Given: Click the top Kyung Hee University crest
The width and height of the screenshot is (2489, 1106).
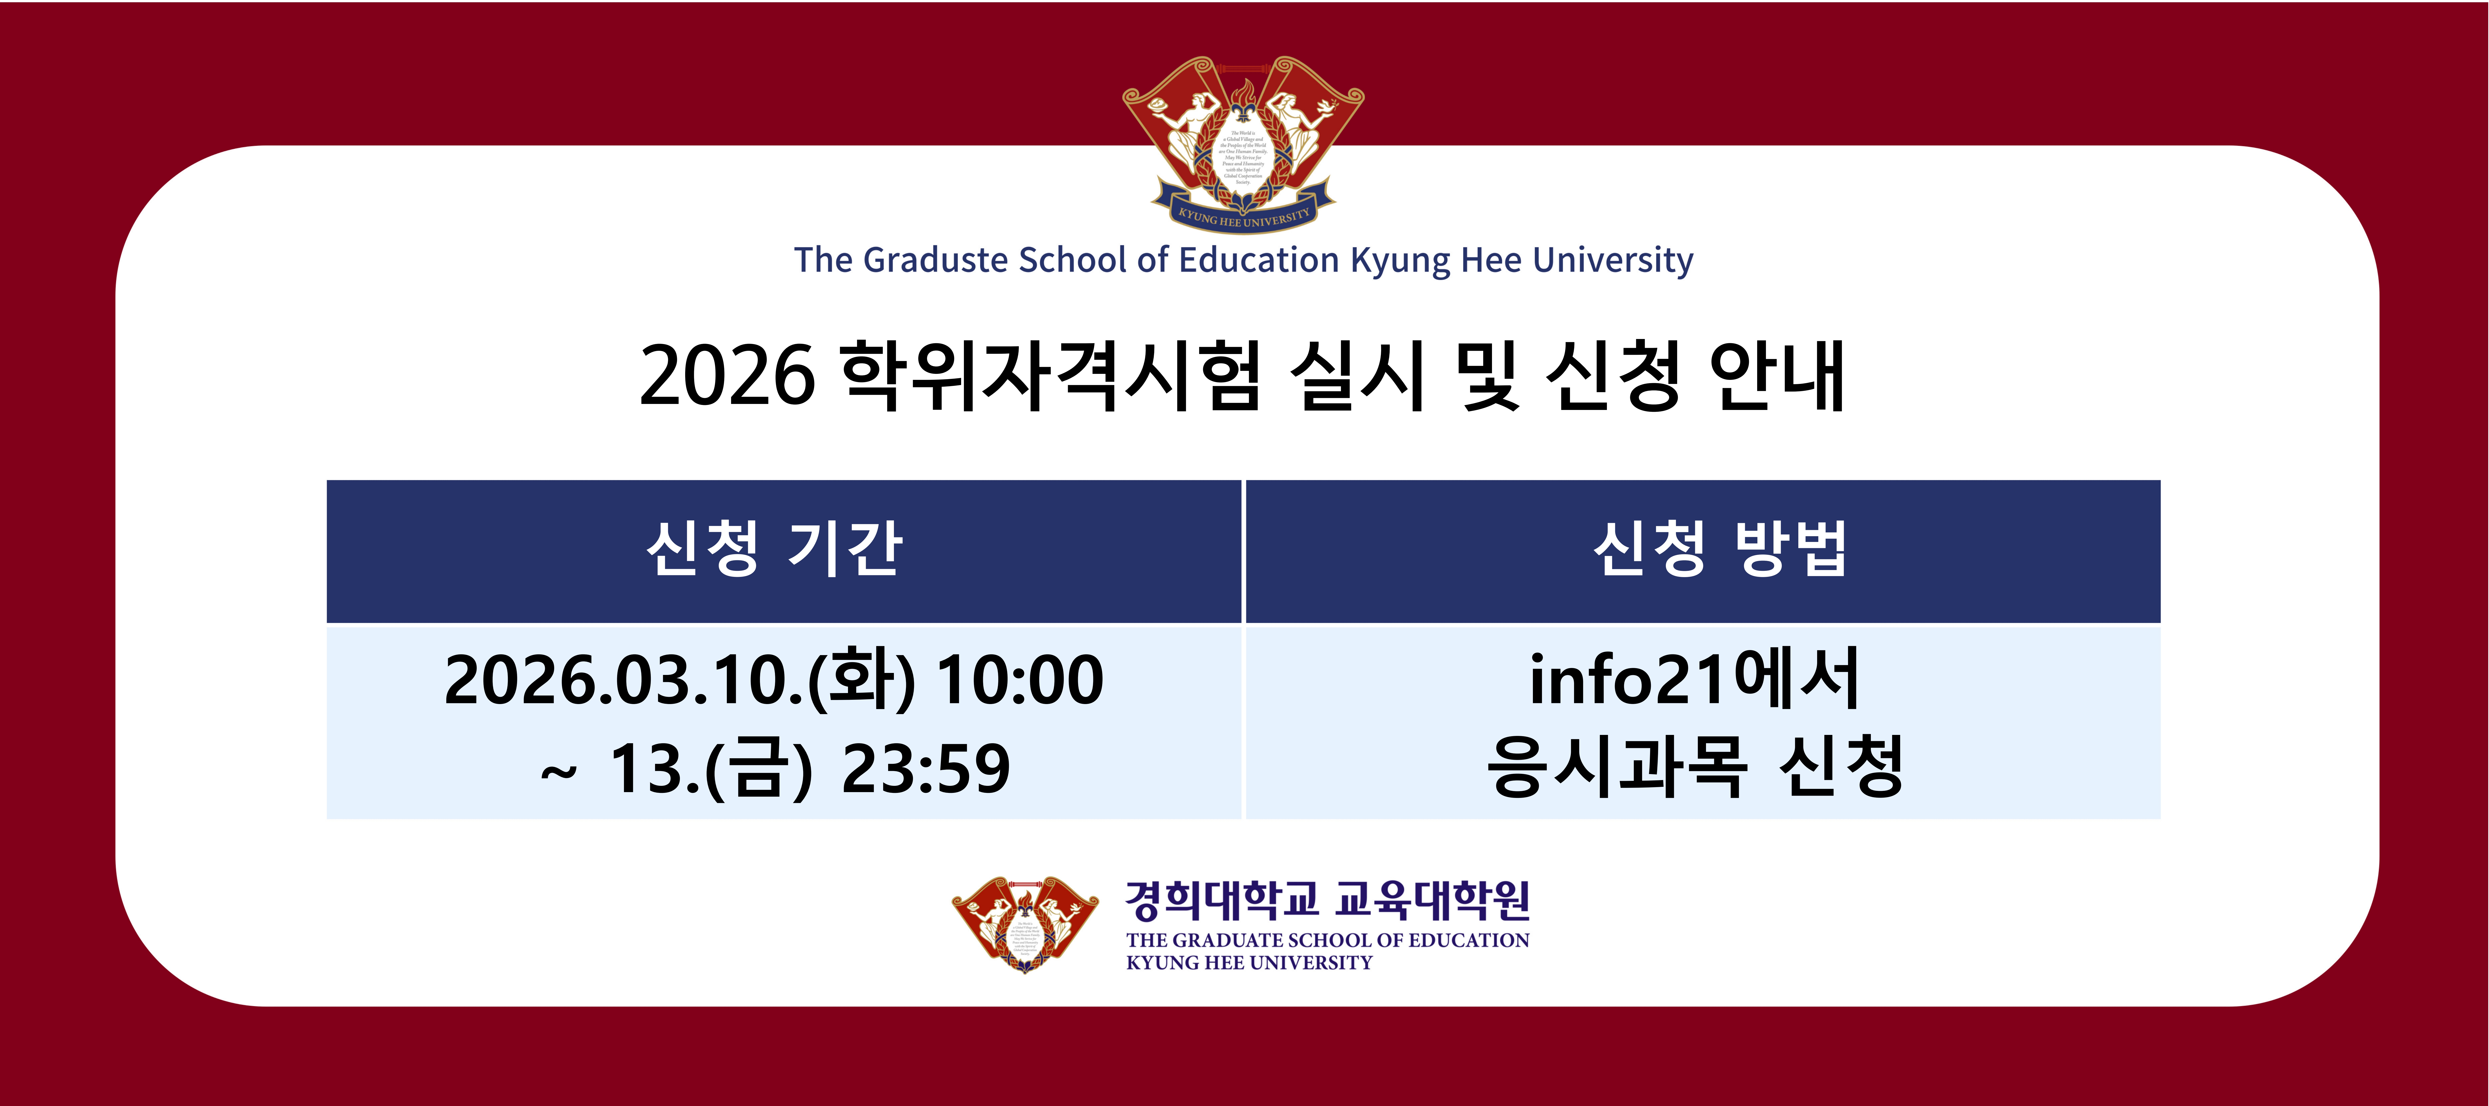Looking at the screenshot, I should click(x=1243, y=143).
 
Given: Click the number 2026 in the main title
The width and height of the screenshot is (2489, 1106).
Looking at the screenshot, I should click(x=727, y=376).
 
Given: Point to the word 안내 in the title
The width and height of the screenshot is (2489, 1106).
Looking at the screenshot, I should click(x=1776, y=376).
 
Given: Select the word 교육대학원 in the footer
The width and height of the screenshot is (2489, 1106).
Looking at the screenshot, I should click(x=1432, y=900).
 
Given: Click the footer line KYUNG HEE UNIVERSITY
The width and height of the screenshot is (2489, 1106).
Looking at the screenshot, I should click(x=1248, y=963).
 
